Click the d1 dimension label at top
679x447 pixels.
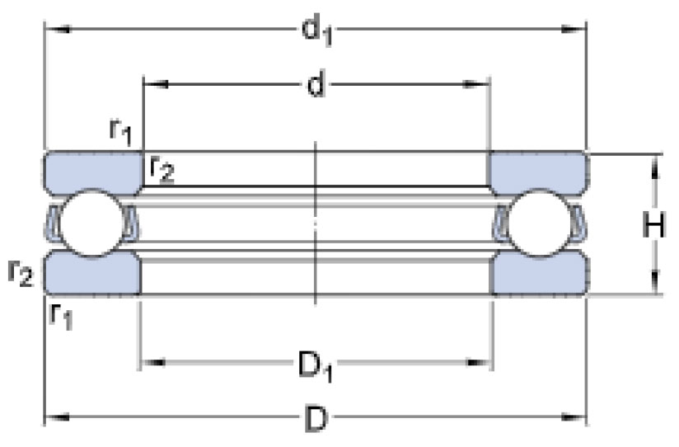click(x=317, y=31)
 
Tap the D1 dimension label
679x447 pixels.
click(x=316, y=366)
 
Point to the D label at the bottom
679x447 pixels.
click(x=316, y=419)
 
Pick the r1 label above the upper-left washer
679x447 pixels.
click(x=120, y=133)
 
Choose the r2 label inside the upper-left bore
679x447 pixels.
click(x=162, y=170)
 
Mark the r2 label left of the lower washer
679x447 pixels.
click(x=21, y=273)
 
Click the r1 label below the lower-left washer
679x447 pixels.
click(x=61, y=317)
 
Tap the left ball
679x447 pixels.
click(x=91, y=223)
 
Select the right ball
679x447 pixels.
click(x=539, y=224)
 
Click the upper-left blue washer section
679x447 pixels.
click(x=93, y=172)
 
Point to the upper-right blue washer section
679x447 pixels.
click(x=538, y=172)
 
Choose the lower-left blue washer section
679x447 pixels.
click(x=92, y=273)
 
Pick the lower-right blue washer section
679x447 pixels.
click(x=539, y=273)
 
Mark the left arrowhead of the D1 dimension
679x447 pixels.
click(x=153, y=362)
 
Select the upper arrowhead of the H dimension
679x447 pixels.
click(x=655, y=167)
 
